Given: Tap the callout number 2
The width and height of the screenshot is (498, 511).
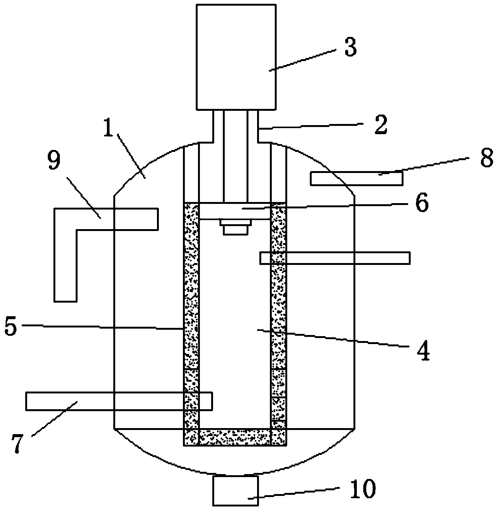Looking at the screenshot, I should pos(381,125).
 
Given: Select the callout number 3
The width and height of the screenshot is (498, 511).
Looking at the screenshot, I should pos(350,47).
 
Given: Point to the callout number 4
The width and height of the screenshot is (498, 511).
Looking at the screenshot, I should pos(423,351).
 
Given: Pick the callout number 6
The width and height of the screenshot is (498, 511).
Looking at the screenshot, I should pos(422,203).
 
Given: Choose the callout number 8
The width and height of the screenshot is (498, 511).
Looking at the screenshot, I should pos(486,158).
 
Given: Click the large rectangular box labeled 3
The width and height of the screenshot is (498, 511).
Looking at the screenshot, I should pos(236,57).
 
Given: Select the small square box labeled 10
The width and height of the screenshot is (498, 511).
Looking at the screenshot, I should pos(235,490).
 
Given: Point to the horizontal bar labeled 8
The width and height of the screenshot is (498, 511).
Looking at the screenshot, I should pos(356,178).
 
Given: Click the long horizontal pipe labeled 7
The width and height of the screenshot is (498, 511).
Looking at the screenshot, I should pos(119,401).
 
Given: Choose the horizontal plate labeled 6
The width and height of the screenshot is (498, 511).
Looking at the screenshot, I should pos(235,211).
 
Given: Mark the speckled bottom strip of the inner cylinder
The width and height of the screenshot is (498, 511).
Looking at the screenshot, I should pos(235,437).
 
